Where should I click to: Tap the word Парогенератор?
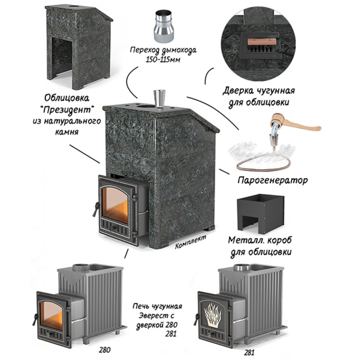click(x=273, y=180)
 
